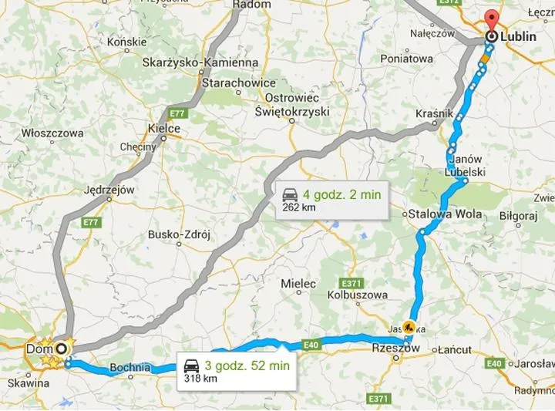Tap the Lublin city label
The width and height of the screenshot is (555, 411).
pyautogui.click(x=518, y=36)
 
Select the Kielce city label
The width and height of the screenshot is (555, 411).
pyautogui.click(x=163, y=129)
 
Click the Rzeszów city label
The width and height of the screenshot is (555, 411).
pyautogui.click(x=395, y=349)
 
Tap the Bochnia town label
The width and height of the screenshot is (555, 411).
pyautogui.click(x=129, y=367)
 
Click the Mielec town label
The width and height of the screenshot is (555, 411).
pyautogui.click(x=298, y=284)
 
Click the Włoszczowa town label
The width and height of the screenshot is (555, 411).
pyautogui.click(x=52, y=133)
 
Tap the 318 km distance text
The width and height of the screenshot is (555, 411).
pyautogui.click(x=201, y=379)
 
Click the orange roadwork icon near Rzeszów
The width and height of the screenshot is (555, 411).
pyautogui.click(x=408, y=326)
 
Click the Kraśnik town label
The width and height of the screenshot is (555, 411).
pyautogui.click(x=433, y=113)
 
